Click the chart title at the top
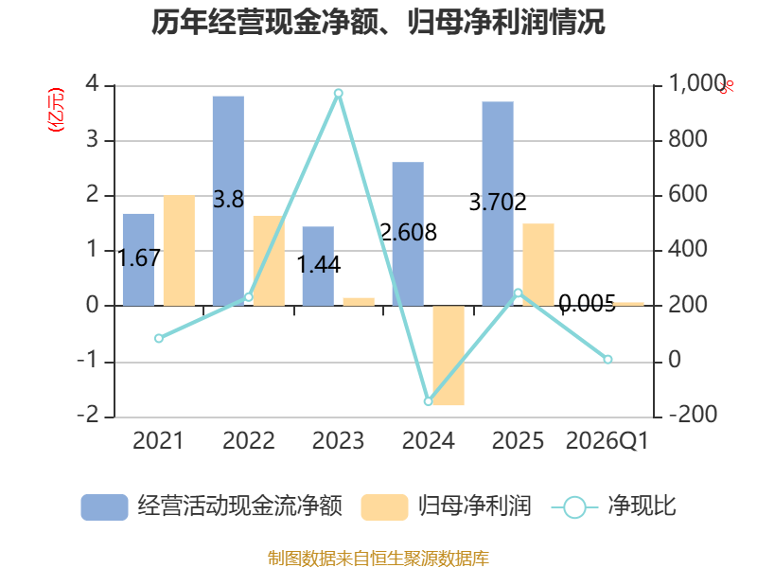(x=378, y=22)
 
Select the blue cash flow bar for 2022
(x=228, y=201)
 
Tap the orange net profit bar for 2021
(x=179, y=250)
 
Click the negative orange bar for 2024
(x=449, y=355)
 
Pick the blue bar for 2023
(x=318, y=266)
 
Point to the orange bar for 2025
(x=538, y=265)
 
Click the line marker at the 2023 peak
(x=339, y=93)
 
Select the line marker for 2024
(x=429, y=401)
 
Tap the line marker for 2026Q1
(x=607, y=360)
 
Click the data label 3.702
(x=498, y=202)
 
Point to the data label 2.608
(x=409, y=232)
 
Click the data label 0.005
(x=587, y=303)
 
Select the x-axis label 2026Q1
(x=607, y=440)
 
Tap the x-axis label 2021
(x=158, y=440)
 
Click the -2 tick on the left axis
(x=88, y=415)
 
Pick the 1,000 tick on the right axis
(x=697, y=83)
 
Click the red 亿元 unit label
(x=56, y=110)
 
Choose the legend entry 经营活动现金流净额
(x=212, y=506)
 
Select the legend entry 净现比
(x=613, y=506)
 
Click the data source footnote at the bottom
(x=378, y=559)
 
